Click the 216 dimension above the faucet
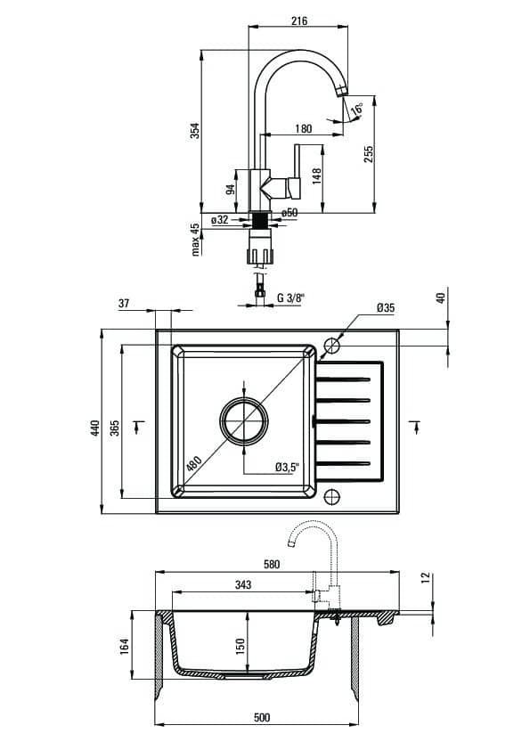tap(299, 20)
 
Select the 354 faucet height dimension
tap(195, 131)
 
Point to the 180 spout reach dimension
tap(303, 128)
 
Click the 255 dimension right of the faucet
tap(368, 153)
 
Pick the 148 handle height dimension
tap(316, 176)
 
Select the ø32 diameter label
tap(220, 219)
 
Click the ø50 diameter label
tap(289, 212)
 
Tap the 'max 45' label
tap(195, 239)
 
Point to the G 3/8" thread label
tap(290, 298)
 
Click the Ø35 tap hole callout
tap(386, 307)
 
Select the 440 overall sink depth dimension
tap(94, 428)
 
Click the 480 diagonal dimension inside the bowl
tap(193, 463)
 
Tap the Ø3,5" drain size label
tap(287, 468)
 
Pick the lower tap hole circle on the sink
tap(332, 496)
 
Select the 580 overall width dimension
tap(271, 565)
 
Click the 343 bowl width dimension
tap(243, 584)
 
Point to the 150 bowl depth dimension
tap(241, 646)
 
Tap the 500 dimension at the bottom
tap(262, 717)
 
